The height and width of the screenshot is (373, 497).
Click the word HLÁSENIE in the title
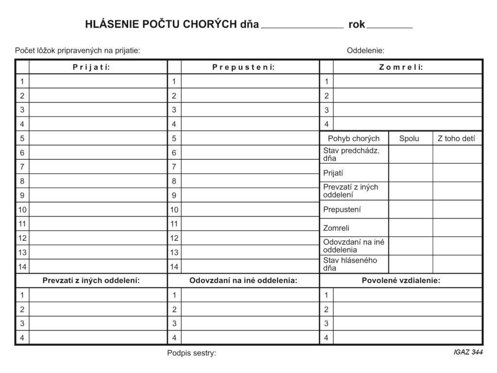click(x=111, y=24)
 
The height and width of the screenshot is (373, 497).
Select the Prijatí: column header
click(x=91, y=67)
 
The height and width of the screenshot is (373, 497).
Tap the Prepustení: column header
click(x=244, y=67)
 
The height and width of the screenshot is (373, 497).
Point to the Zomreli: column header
click(x=401, y=67)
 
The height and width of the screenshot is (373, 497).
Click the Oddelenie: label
click(x=365, y=50)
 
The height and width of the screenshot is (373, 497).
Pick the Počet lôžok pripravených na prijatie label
click(x=78, y=50)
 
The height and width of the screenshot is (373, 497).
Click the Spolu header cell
click(x=409, y=138)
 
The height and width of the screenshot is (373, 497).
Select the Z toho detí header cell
click(x=456, y=138)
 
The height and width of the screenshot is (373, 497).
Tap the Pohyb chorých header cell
click(x=354, y=138)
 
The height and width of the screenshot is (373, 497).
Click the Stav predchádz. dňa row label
click(x=352, y=154)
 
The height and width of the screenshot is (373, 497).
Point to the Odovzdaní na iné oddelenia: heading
click(x=243, y=280)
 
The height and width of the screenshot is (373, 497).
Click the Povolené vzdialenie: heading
click(x=401, y=280)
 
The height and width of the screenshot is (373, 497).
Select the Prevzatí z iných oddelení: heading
click(x=91, y=280)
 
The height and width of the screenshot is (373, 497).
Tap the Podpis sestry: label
click(x=191, y=353)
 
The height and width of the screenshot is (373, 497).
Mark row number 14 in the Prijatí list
click(x=22, y=266)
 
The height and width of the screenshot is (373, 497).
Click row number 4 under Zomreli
click(x=327, y=124)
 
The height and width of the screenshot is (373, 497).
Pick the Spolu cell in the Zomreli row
click(x=411, y=228)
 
